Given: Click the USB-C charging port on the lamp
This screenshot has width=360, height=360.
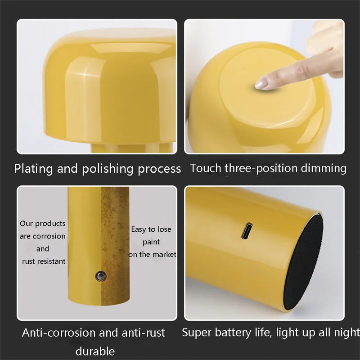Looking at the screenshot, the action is click(247, 230).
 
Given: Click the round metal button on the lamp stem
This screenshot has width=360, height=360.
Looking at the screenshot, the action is click(101, 276).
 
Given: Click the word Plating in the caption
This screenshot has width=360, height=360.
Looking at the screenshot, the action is click(33, 169).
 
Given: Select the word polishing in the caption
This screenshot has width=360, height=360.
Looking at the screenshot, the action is click(108, 169).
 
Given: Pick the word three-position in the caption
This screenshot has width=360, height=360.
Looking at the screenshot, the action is click(261, 168).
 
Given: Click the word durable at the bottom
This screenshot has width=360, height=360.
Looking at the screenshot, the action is click(95, 351).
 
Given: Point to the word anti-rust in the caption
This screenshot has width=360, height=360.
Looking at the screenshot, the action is click(143, 333).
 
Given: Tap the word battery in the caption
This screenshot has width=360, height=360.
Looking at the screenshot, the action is click(233, 333).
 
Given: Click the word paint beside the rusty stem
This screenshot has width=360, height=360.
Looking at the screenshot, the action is click(151, 242).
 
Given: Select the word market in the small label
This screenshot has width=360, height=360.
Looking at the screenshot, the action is click(164, 254).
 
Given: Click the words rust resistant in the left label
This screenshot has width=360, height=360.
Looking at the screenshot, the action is click(44, 261).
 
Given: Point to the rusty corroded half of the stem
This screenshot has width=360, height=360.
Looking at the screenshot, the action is click(115, 246).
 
